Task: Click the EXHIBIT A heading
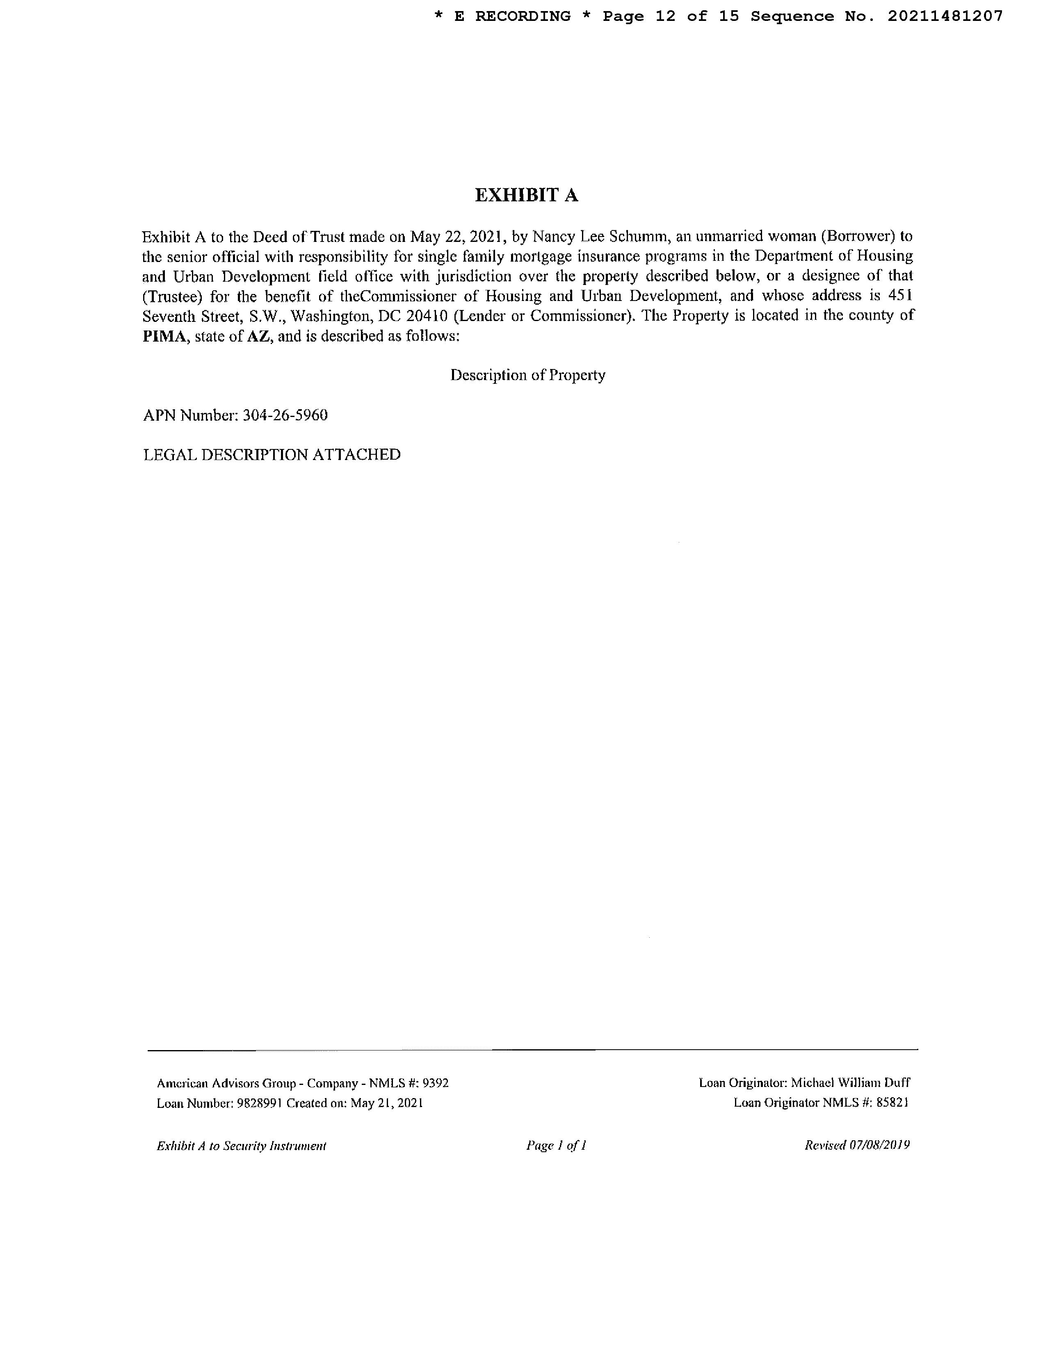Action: (526, 195)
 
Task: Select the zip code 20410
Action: (427, 316)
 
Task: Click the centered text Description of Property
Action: (527, 375)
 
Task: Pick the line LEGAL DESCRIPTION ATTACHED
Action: (272, 455)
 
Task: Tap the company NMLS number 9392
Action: (436, 1082)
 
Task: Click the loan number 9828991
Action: (260, 1103)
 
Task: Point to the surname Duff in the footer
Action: (896, 1082)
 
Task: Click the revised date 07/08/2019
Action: (879, 1145)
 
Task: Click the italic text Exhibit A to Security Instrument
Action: (241, 1145)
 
